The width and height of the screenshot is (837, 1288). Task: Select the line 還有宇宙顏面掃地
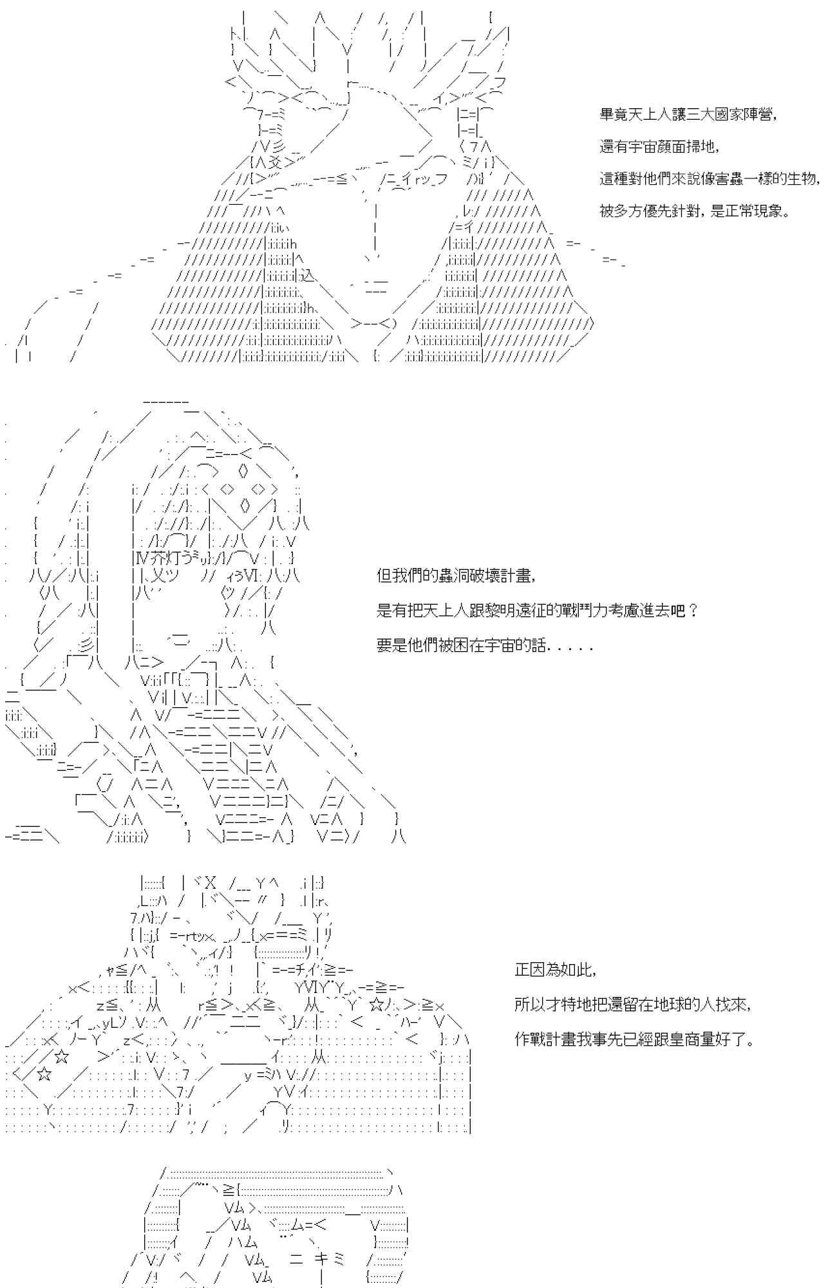[659, 147]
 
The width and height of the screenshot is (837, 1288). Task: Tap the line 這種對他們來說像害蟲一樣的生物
[710, 179]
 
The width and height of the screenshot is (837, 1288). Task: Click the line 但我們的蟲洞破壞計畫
[456, 576]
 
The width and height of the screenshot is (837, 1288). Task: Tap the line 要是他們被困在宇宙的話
[484, 645]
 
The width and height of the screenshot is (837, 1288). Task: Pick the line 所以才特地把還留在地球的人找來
[632, 1004]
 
